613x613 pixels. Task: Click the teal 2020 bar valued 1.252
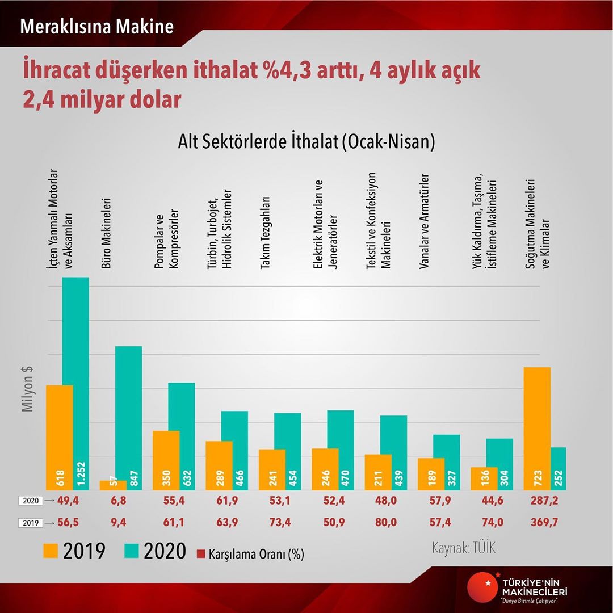click(76, 383)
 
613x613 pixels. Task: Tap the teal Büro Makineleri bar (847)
click(128, 418)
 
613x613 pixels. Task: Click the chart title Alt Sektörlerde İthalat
click(306, 141)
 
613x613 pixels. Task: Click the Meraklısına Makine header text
click(96, 27)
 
